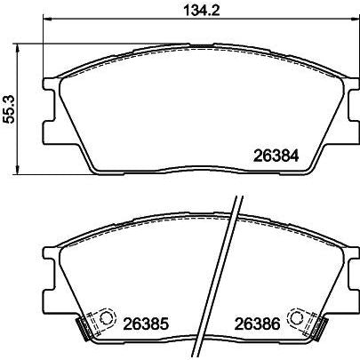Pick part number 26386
[259, 324]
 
